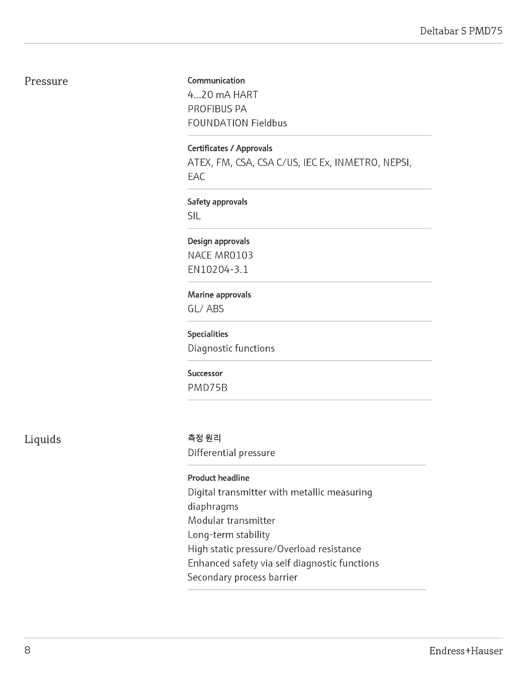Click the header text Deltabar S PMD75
point(461,31)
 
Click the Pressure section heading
point(46,81)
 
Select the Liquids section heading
point(43,439)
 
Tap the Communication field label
point(216,81)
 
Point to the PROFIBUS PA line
point(217,109)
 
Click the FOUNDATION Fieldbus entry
point(237,123)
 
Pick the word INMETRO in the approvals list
point(356,163)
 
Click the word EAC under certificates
point(196,177)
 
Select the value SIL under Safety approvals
point(194,216)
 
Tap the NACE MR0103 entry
point(220,255)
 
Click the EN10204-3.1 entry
point(218,269)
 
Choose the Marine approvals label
point(219,295)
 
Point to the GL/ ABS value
point(206,309)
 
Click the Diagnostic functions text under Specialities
point(231,348)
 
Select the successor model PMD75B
point(207,388)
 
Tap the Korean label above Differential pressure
point(204,438)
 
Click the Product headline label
point(219,478)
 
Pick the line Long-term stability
point(229,535)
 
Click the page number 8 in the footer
point(27,650)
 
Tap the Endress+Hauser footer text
point(466,651)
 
